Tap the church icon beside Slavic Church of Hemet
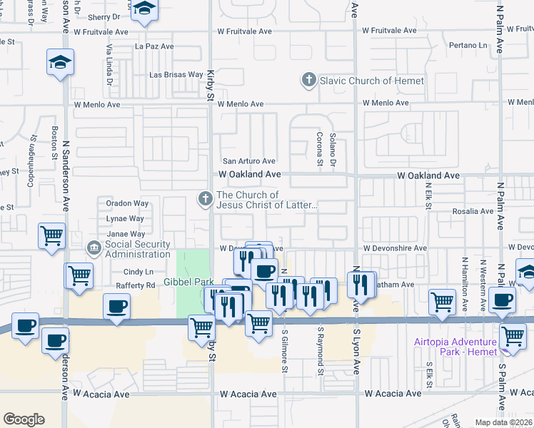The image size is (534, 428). coord(309,80)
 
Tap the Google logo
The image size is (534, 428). coord(24,419)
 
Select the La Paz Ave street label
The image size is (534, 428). coord(154,46)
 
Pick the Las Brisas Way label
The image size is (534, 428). coord(176,74)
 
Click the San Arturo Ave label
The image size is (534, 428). coord(248,161)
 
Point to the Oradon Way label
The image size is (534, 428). coord(127,203)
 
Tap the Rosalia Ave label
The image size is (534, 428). coord(473,212)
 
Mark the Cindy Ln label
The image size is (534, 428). coord(138,272)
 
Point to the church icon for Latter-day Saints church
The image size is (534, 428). coord(206,199)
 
